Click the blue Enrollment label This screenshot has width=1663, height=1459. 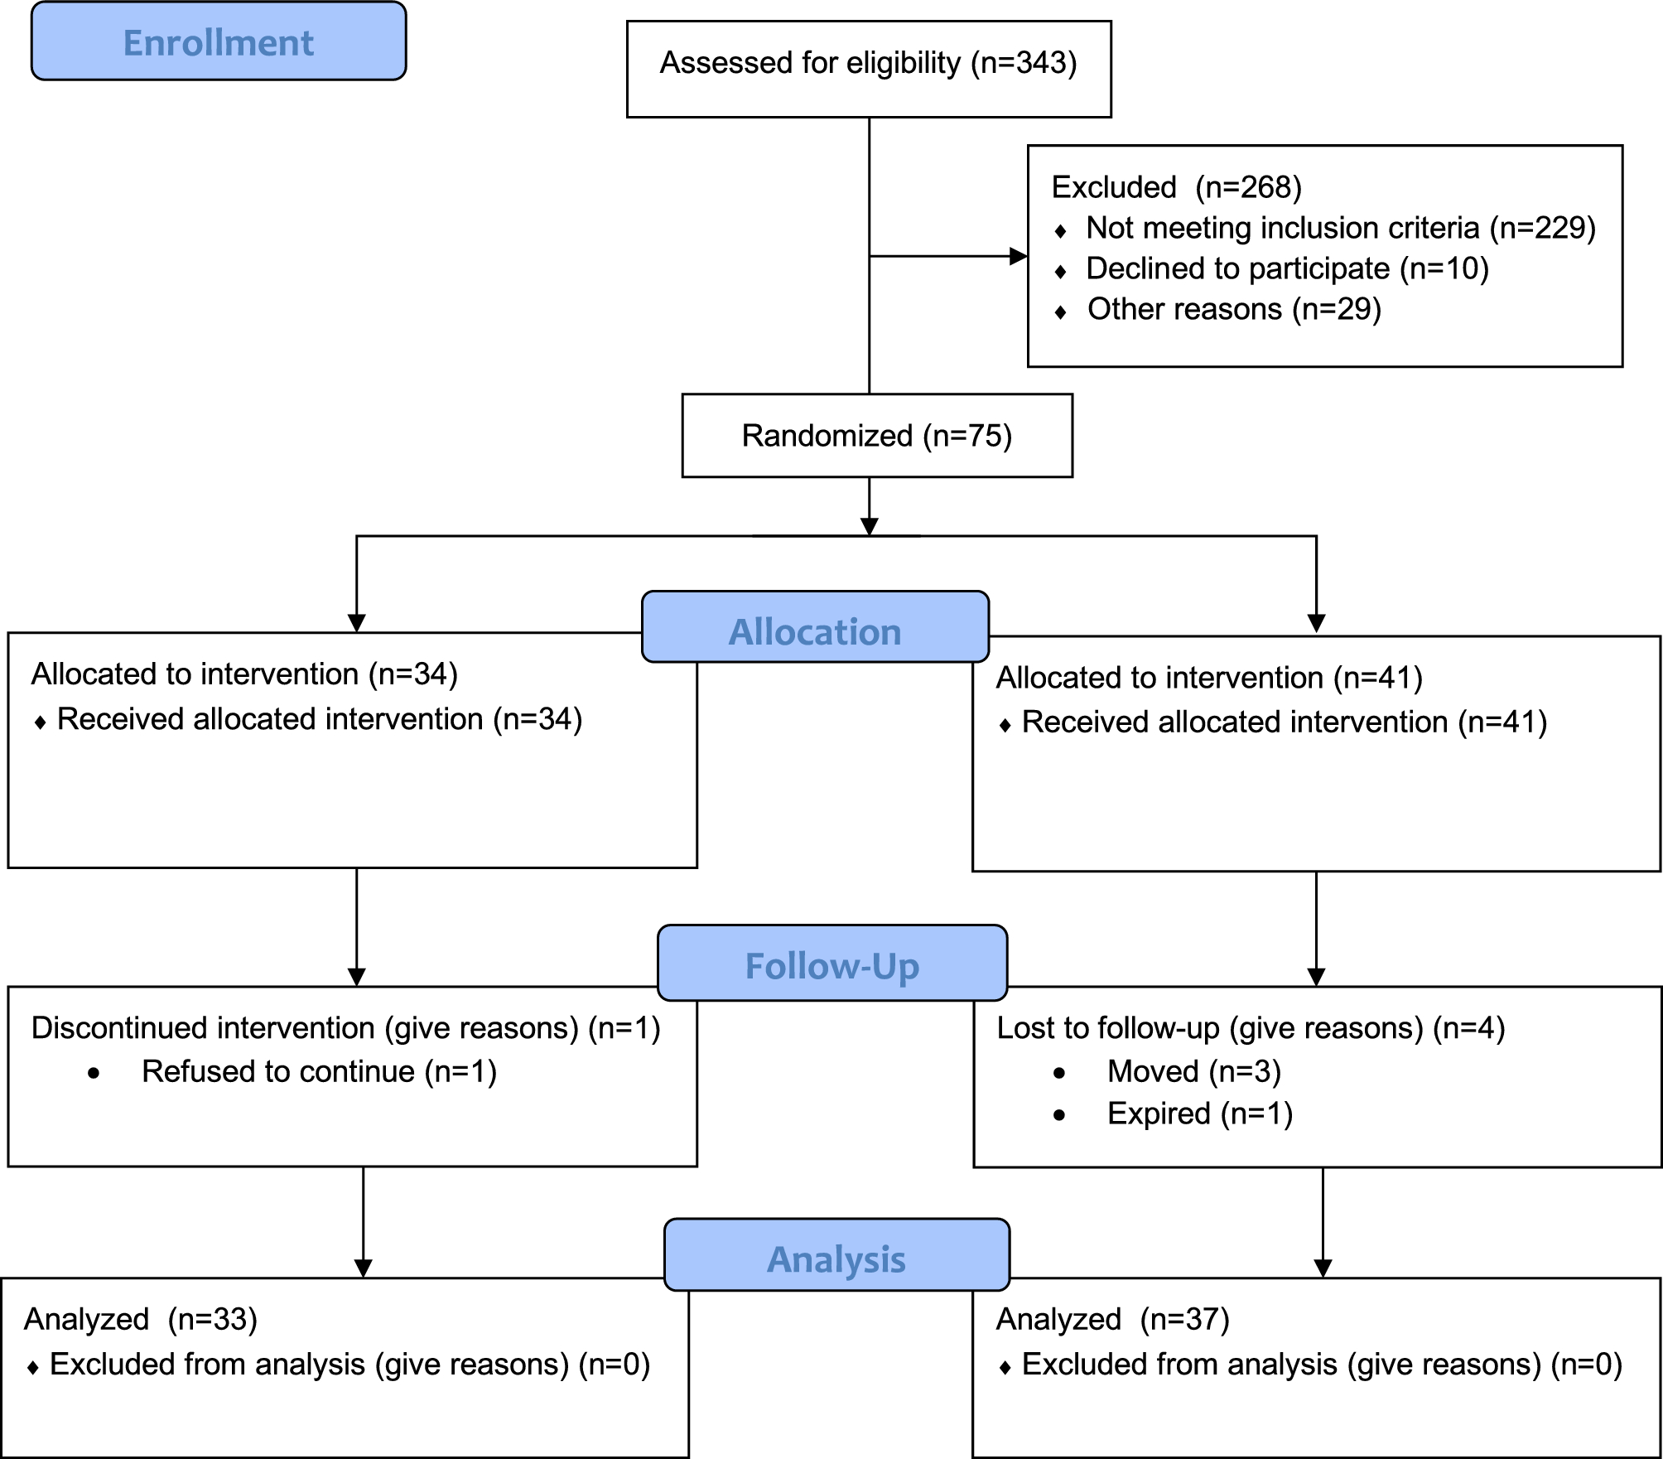[218, 42]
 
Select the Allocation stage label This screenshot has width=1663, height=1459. [815, 631]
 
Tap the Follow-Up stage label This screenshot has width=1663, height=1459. [831, 966]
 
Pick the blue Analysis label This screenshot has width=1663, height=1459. [836, 1259]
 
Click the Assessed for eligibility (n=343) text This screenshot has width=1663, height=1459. [868, 63]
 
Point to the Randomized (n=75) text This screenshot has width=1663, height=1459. [876, 436]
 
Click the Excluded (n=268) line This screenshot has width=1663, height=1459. [1176, 187]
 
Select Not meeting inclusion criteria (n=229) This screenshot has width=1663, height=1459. [1340, 228]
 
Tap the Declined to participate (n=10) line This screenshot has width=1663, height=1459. [1287, 268]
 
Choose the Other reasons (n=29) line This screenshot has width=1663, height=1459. [1234, 309]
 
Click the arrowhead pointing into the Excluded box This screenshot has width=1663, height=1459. [1019, 256]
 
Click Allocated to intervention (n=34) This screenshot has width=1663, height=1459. [244, 674]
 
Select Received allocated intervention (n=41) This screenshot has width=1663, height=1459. [1284, 722]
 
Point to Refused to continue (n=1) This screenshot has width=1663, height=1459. [319, 1072]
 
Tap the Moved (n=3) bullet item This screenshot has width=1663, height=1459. [1194, 1072]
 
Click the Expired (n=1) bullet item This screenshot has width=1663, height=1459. [1199, 1114]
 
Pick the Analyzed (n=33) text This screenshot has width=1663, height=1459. [141, 1319]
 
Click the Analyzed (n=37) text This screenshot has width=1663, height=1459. [1112, 1319]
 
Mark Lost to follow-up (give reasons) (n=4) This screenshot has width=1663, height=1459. [1251, 1028]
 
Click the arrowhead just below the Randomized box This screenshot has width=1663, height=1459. [869, 527]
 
